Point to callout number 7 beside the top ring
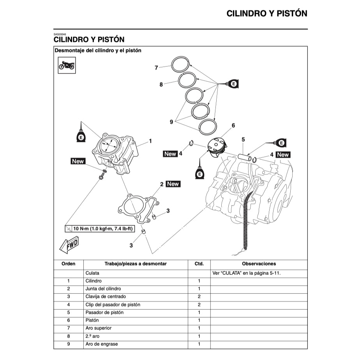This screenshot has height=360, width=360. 156,68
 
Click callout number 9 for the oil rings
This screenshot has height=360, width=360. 171,122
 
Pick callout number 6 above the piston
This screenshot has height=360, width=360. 233,125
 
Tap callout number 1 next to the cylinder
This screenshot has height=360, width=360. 150,141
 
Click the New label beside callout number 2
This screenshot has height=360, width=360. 173,184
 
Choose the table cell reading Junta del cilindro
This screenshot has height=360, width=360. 103,289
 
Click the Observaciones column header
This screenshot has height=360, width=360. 259,264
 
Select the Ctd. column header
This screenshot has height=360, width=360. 199,264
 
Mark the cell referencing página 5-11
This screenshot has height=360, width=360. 246,273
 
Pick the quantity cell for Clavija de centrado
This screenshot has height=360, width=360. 199,296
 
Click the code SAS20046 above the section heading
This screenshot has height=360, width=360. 60,34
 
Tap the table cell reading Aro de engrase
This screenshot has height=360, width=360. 101,344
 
